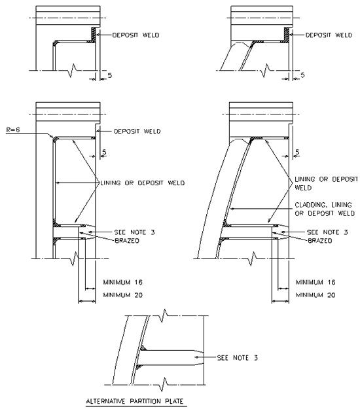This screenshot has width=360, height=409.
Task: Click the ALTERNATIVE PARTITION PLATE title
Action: click(135, 401)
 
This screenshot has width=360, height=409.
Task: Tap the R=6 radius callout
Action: click(13, 130)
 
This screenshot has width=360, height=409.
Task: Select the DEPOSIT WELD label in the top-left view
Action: click(135, 35)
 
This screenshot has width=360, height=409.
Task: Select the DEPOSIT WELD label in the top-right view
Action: click(329, 35)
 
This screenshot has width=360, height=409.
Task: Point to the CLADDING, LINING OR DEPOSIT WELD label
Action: click(325, 209)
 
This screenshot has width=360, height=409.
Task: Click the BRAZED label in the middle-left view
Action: click(127, 241)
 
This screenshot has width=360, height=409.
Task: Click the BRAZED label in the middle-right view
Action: click(320, 241)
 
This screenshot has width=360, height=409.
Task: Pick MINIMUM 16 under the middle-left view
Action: click(123, 282)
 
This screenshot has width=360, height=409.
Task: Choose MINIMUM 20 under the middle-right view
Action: click(315, 295)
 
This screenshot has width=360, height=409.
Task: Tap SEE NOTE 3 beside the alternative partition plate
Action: click(238, 357)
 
